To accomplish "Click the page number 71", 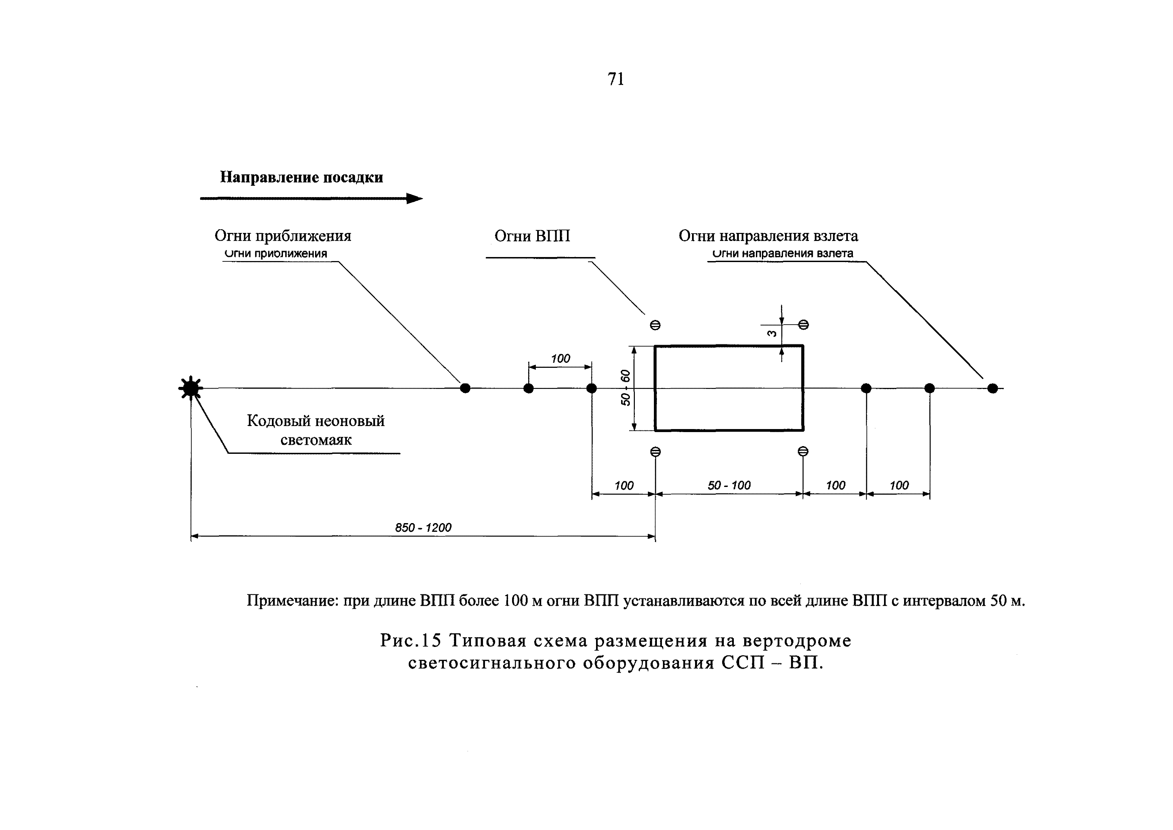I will (616, 79).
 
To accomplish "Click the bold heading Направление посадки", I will (301, 177).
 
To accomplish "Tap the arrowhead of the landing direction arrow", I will (414, 199).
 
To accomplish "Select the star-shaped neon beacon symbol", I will (191, 389).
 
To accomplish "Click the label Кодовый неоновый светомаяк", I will (316, 430).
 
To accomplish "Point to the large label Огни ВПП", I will (532, 236).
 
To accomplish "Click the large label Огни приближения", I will (283, 236).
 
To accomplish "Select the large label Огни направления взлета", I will (768, 236).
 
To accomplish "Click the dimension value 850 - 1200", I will (423, 527).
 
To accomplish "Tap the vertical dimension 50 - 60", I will (626, 388).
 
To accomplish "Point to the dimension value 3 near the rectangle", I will (772, 333).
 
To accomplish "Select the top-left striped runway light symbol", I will (655, 325).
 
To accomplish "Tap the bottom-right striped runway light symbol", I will (803, 451).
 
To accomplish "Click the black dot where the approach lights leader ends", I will (465, 389).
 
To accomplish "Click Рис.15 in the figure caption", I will (410, 641).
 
